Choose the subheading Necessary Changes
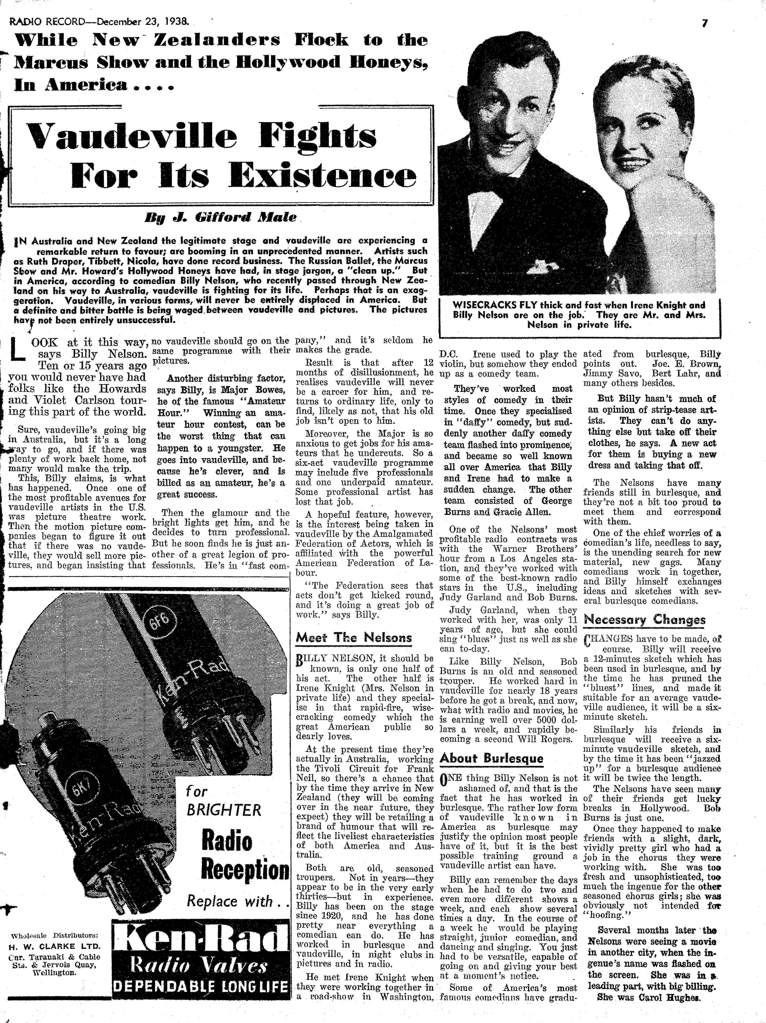(x=645, y=620)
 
